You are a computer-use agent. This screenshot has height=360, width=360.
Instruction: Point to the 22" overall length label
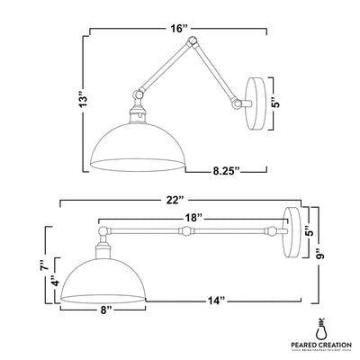click(x=175, y=198)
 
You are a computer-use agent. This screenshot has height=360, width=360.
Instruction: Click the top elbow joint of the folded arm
click(x=188, y=43)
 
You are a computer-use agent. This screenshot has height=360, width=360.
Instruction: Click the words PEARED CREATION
click(x=320, y=345)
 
